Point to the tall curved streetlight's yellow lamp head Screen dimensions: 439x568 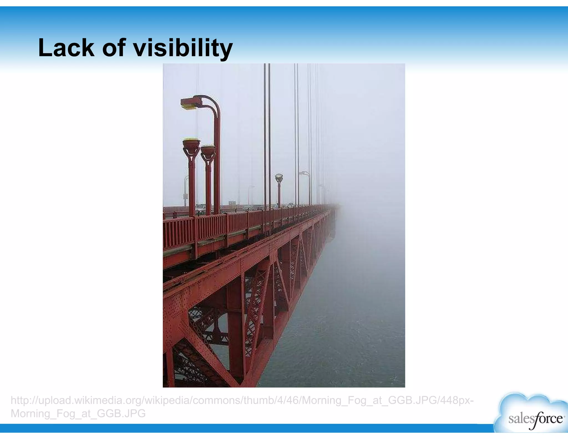[x=188, y=103]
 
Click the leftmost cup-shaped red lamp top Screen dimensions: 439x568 [x=191, y=144]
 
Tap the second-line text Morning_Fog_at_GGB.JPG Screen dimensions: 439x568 [x=78, y=413]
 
